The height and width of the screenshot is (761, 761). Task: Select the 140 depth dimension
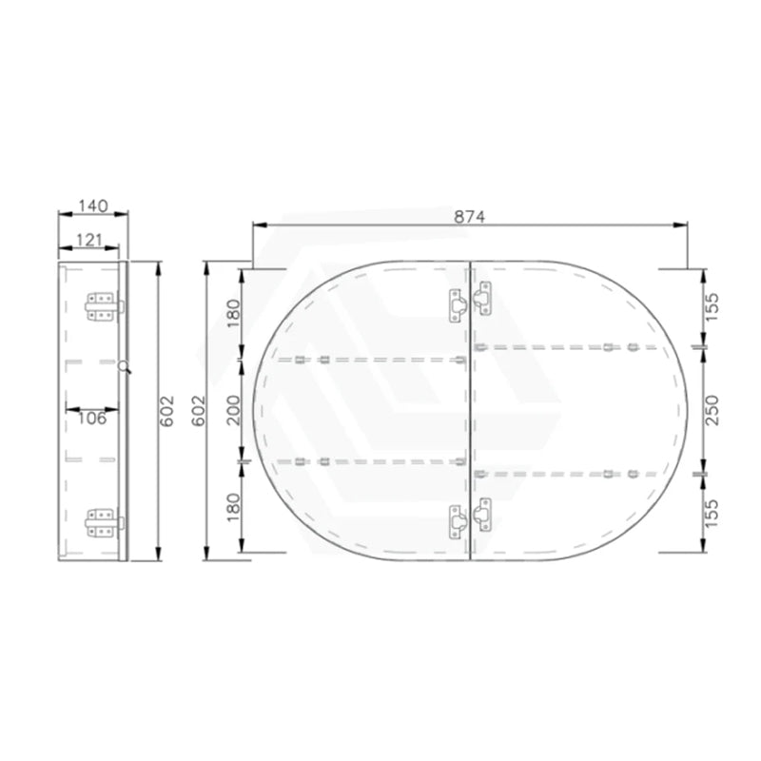(x=91, y=205)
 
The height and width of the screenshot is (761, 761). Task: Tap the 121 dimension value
(x=91, y=240)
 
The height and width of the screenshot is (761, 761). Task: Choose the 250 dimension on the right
(x=716, y=410)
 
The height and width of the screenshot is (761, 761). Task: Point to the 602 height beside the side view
(x=167, y=410)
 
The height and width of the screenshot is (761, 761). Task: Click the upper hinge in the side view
(x=103, y=306)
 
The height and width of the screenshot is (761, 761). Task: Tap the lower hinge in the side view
(x=103, y=520)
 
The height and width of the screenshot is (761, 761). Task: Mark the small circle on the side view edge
(x=124, y=365)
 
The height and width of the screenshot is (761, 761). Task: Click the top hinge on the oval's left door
(x=458, y=303)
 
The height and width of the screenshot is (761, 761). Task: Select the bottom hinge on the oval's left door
(x=458, y=519)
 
